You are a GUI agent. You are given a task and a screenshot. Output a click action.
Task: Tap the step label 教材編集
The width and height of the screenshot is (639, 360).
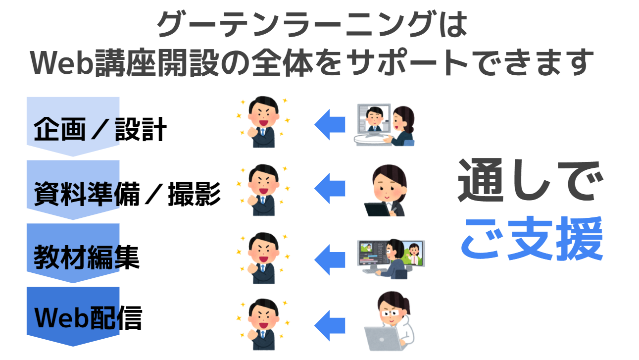click(x=87, y=257)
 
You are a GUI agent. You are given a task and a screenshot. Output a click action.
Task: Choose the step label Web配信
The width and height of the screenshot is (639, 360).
click(x=88, y=318)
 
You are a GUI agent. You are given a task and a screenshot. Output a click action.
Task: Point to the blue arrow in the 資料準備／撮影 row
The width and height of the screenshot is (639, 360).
click(x=330, y=188)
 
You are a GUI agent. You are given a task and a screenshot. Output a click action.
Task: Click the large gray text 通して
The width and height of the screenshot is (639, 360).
click(x=527, y=181)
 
